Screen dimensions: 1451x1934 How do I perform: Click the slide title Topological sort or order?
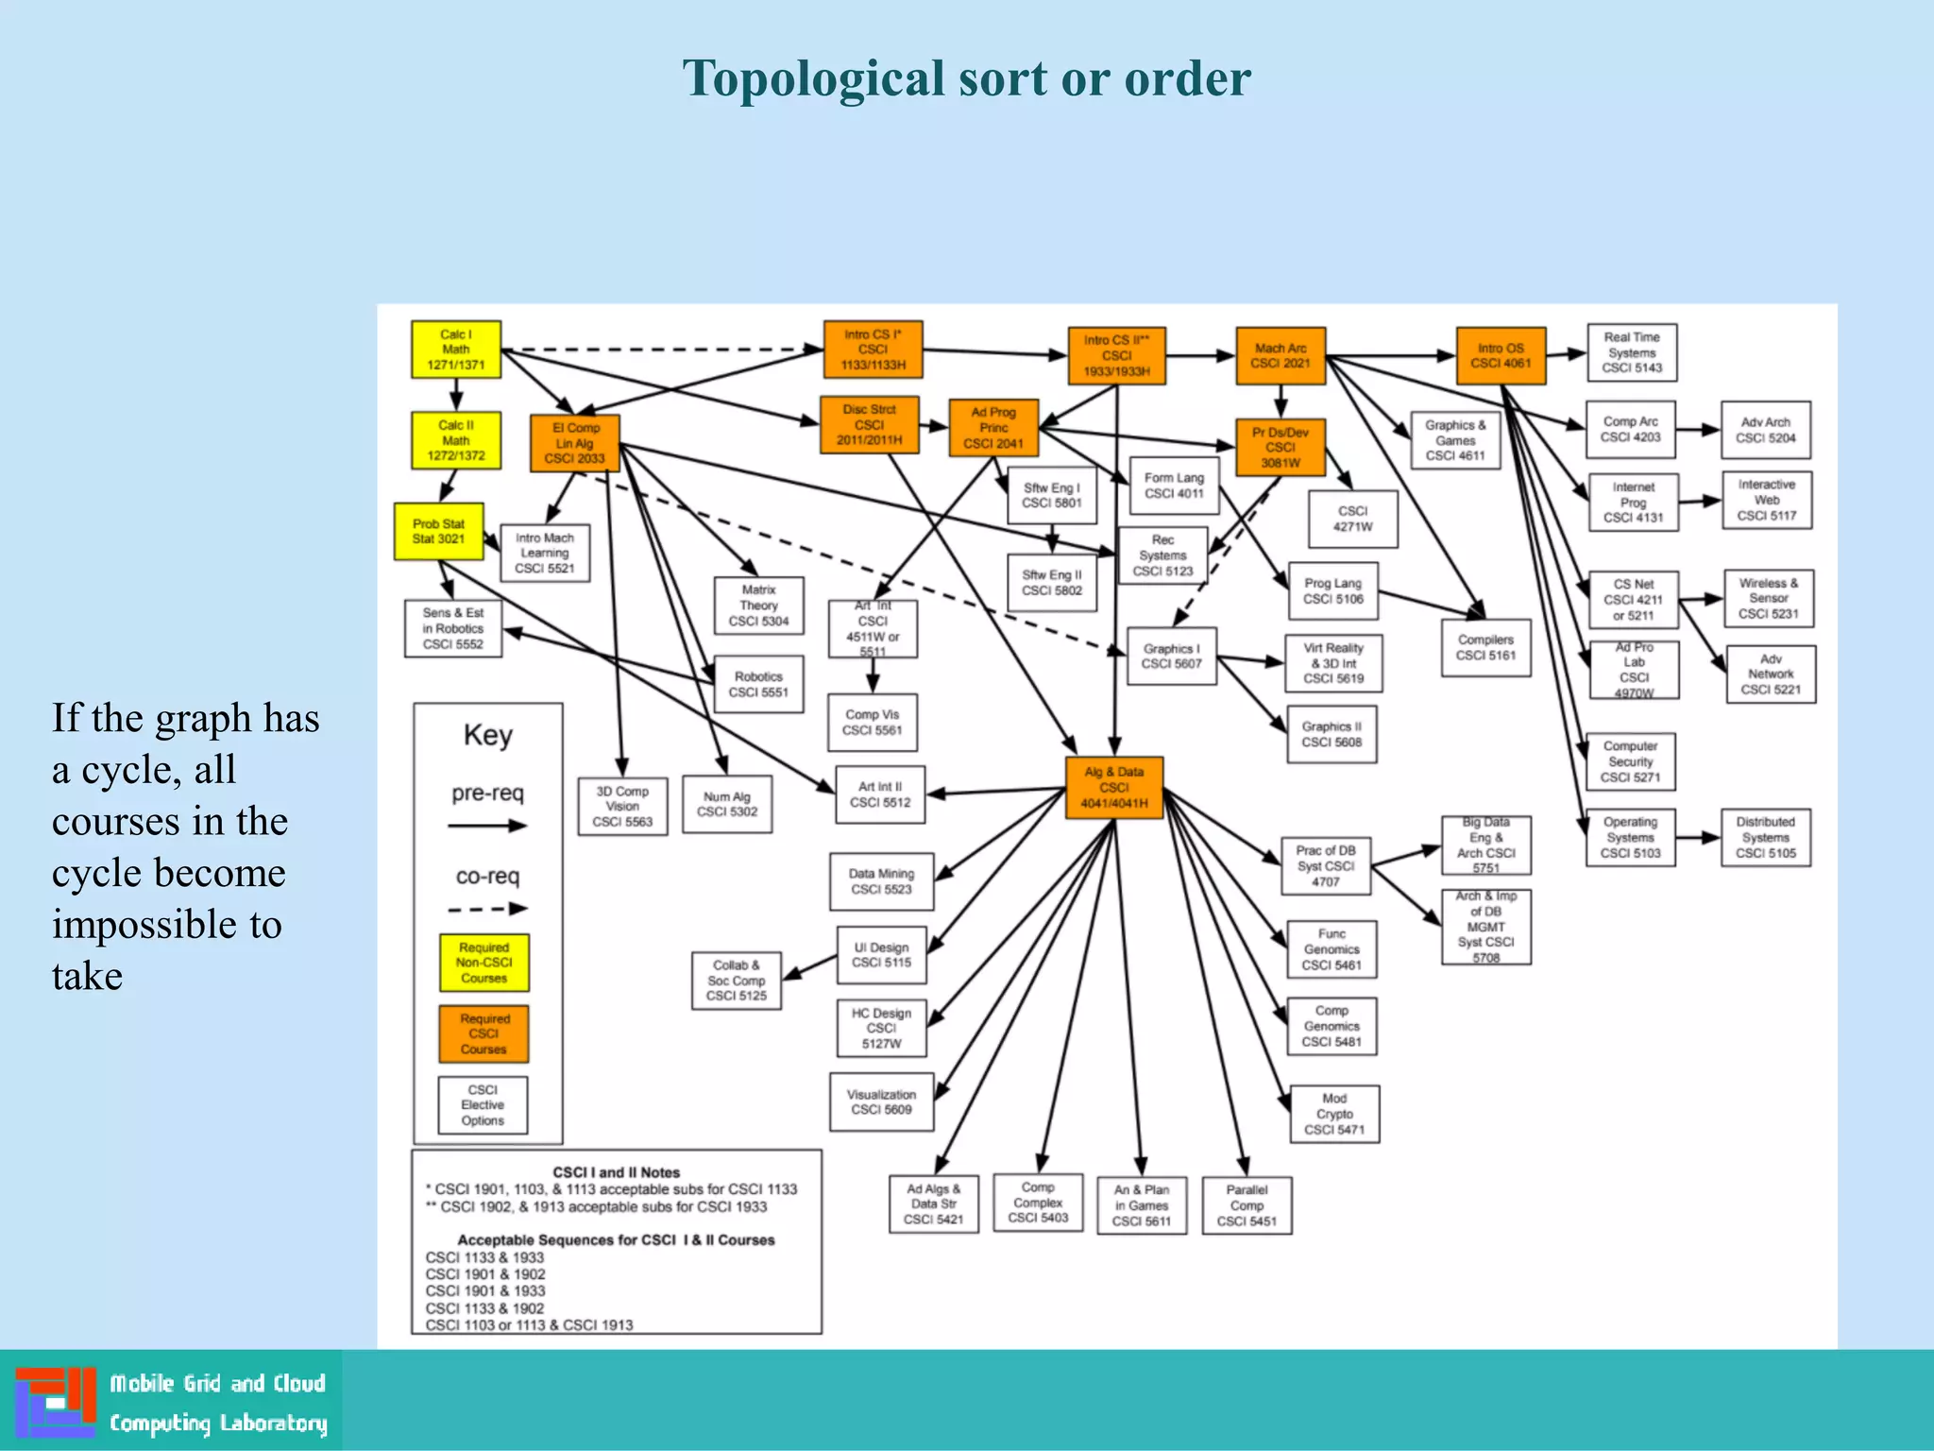[966, 78]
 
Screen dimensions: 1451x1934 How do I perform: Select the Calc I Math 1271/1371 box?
[456, 350]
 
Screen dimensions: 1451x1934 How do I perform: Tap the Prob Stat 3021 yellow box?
[439, 531]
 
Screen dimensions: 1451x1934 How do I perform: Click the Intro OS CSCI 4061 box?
[1501, 355]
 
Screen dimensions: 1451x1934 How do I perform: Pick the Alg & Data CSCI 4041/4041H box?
[1114, 787]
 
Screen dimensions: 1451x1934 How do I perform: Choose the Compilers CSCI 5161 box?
[1485, 648]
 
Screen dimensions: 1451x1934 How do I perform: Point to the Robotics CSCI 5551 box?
[758, 684]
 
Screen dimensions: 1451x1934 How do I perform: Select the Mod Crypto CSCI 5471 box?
[1334, 1114]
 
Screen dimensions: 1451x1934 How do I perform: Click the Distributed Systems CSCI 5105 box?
[1765, 837]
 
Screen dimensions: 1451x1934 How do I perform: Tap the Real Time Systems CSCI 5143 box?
[1632, 352]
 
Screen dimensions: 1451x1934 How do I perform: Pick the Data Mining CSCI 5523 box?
[881, 881]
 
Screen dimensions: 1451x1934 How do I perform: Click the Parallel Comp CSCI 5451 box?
[1247, 1204]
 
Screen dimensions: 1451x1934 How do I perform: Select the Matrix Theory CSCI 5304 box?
[758, 606]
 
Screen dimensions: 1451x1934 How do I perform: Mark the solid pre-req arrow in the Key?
[487, 826]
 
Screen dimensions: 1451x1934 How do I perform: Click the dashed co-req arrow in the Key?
[487, 909]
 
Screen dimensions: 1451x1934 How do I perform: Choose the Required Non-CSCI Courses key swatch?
[484, 963]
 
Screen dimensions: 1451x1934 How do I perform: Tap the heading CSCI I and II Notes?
[616, 1172]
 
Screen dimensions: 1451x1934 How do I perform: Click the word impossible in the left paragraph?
[167, 925]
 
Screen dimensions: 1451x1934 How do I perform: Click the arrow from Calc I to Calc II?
[456, 394]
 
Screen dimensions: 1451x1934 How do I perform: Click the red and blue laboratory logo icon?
[56, 1401]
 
